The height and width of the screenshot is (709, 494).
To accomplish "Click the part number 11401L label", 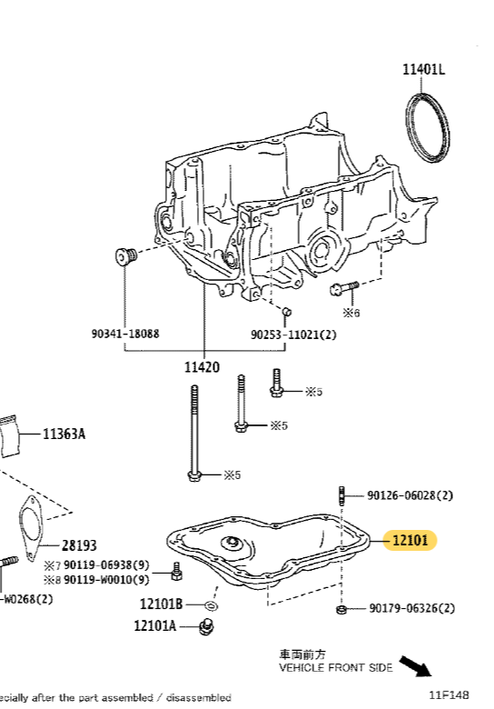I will click(x=424, y=69).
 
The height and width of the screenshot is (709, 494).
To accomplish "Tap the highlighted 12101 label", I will click(x=410, y=541).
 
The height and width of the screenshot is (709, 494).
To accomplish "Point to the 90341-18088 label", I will click(x=125, y=334).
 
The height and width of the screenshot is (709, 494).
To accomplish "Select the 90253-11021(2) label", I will click(x=293, y=335).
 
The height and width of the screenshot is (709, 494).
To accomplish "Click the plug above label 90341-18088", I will click(x=124, y=256).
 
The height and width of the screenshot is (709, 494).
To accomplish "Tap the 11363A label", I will click(x=64, y=434).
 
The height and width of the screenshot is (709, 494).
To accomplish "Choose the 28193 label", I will click(x=80, y=545).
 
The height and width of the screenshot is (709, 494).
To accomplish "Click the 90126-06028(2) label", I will click(x=410, y=495).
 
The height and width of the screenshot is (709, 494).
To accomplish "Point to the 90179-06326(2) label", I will click(x=411, y=608).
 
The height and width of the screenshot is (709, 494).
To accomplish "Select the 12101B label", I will click(x=161, y=604).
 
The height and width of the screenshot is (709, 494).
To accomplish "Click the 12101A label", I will click(x=155, y=625).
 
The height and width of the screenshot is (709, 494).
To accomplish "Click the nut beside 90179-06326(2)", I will click(x=341, y=608).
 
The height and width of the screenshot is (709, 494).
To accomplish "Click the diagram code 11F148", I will click(x=450, y=695).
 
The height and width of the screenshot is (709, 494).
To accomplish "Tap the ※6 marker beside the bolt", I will click(x=351, y=312).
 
